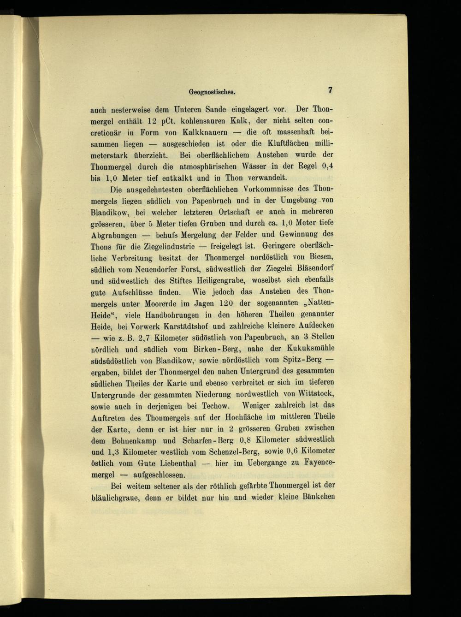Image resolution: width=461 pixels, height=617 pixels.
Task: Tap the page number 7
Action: (x=330, y=90)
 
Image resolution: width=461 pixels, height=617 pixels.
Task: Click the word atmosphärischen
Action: (x=197, y=166)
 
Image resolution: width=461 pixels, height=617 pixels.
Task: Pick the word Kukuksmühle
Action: (x=309, y=348)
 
